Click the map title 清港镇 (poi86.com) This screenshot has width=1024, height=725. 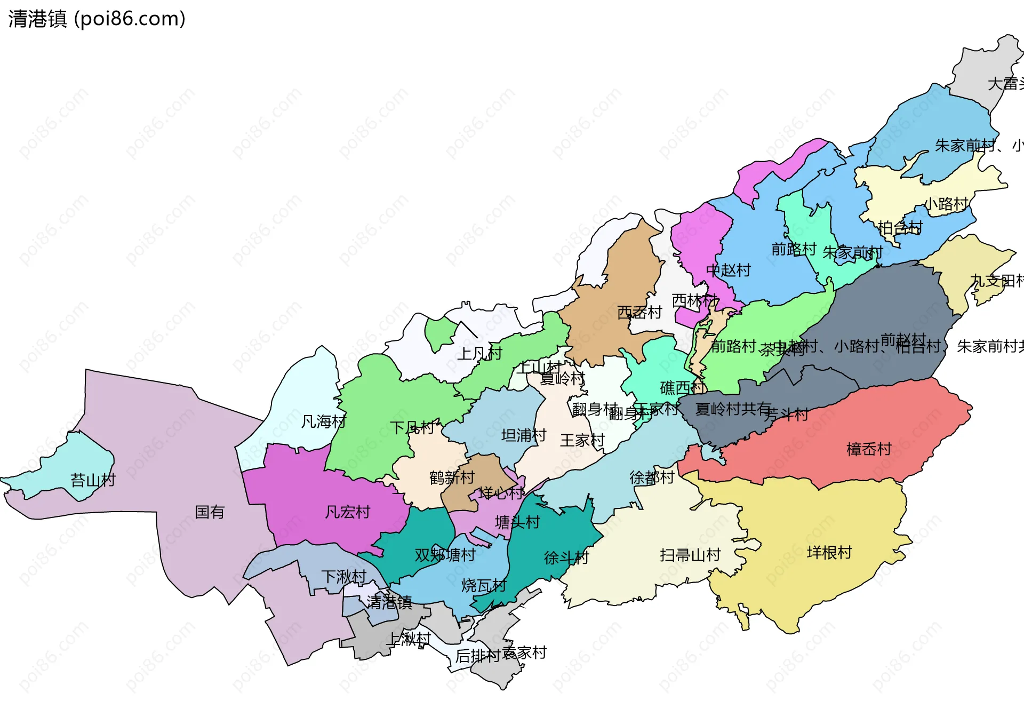[97, 19]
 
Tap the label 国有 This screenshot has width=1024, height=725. [209, 512]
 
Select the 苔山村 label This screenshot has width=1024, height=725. [93, 480]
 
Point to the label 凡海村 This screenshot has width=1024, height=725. [323, 422]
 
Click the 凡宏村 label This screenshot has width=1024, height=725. [347, 512]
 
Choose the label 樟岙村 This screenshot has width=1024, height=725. [869, 449]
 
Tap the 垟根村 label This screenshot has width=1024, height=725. [829, 553]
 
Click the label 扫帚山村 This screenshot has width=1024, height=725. [690, 555]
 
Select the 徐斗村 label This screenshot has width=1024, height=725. [566, 558]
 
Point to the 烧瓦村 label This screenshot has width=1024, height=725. [483, 586]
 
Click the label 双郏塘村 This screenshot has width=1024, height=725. [445, 555]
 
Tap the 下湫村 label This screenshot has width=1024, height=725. [343, 577]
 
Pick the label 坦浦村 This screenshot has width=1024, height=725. [524, 436]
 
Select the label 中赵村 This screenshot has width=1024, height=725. [728, 270]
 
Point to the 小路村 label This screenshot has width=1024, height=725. [946, 204]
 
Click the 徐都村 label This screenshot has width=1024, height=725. [652, 477]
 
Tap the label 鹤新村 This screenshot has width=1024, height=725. [452, 477]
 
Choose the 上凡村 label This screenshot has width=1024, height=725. [480, 353]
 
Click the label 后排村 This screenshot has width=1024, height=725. [477, 656]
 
